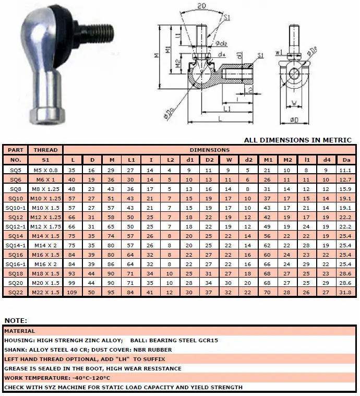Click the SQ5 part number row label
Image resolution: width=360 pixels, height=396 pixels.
pyautogui.click(x=16, y=170)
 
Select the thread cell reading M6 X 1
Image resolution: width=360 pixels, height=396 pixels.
pyautogui.click(x=45, y=179)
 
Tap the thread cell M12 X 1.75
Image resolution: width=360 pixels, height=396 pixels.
pyautogui.click(x=45, y=227)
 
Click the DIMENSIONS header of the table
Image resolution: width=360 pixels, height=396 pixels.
pyautogui.click(x=209, y=150)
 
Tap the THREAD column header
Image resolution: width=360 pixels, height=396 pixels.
pyautogui.click(x=45, y=150)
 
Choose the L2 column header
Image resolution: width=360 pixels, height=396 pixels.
pyautogui.click(x=171, y=160)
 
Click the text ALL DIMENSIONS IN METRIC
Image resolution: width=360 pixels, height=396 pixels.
pyautogui.click(x=297, y=140)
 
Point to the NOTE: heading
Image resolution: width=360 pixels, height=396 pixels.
pyautogui.click(x=16, y=321)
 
